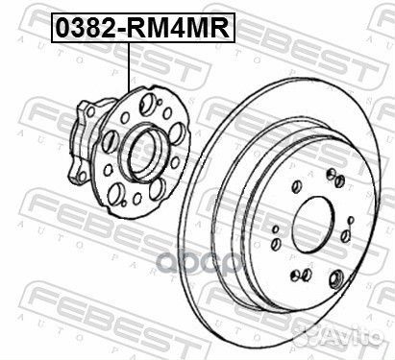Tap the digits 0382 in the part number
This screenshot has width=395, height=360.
83,28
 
